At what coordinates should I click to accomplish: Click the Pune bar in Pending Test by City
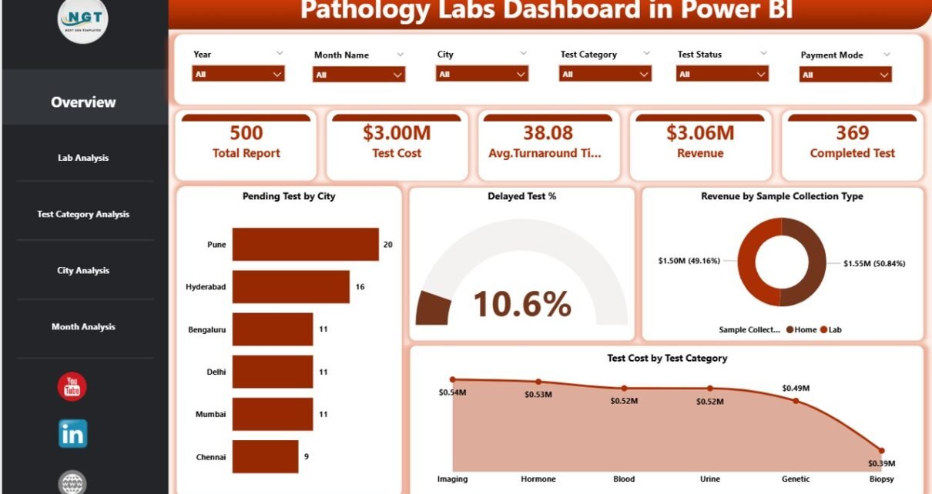[x=305, y=244]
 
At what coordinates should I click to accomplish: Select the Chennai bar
[x=265, y=456]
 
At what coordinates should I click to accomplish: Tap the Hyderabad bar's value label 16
[x=360, y=286]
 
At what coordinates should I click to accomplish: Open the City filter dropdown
[x=482, y=74]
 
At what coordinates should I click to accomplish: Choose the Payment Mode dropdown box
[x=846, y=75]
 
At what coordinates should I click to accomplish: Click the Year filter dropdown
[x=238, y=74]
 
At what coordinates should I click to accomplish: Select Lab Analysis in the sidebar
[x=83, y=158]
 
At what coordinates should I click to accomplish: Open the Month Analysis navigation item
[x=83, y=327]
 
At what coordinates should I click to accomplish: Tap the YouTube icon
[x=72, y=386]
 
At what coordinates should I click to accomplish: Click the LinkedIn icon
[x=72, y=434]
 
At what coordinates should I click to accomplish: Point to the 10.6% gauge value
[x=521, y=304]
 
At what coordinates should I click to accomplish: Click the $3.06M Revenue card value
[x=699, y=133]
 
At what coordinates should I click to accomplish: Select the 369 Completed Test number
[x=852, y=133]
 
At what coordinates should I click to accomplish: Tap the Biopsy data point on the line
[x=881, y=451]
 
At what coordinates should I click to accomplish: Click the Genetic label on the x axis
[x=796, y=479]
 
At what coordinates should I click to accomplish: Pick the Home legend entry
[x=802, y=329]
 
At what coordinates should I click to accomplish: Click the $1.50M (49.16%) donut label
[x=689, y=261]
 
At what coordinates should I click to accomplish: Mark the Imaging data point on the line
[x=453, y=379]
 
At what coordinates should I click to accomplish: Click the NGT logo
[x=83, y=18]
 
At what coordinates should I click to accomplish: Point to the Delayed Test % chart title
[x=521, y=196]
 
